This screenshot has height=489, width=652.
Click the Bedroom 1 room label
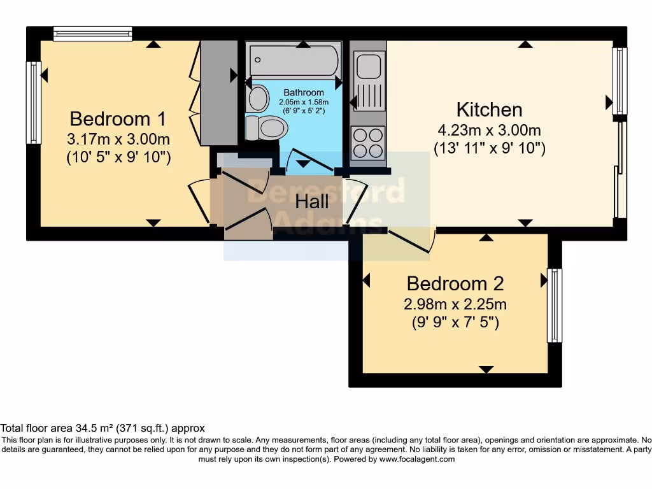click(x=118, y=119)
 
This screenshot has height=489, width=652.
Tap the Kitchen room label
click(x=489, y=110)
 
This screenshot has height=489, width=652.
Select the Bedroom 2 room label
click(x=455, y=283)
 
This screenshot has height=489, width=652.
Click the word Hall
click(x=312, y=202)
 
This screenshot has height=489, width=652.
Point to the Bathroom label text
click(x=304, y=93)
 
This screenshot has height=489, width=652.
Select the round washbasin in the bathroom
click(x=259, y=99)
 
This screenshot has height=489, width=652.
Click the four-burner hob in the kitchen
click(x=368, y=143)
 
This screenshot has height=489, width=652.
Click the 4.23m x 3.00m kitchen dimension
click(x=489, y=131)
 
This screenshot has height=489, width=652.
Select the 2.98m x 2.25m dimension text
click(x=455, y=304)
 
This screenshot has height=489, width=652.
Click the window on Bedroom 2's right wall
click(x=555, y=306)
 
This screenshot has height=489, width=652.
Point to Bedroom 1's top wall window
click(x=93, y=34)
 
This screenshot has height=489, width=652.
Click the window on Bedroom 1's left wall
click(x=34, y=102)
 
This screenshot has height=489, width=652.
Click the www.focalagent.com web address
click(x=417, y=459)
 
